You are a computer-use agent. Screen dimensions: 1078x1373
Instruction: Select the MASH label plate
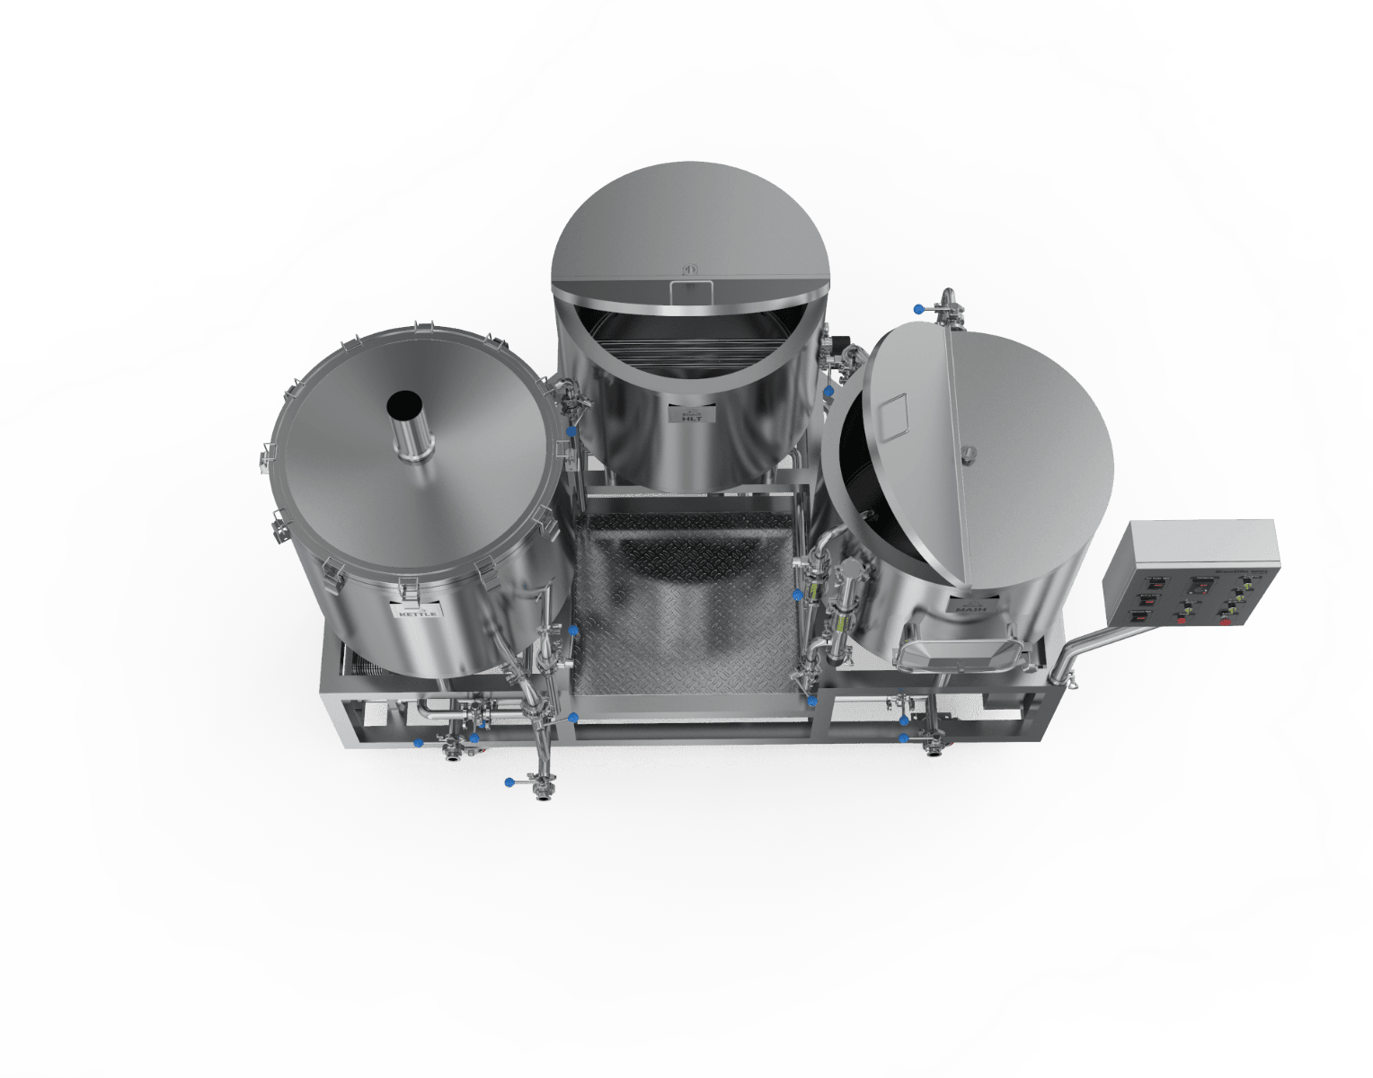coord(970,608)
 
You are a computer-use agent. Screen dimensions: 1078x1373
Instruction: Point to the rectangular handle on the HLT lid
coord(691,290)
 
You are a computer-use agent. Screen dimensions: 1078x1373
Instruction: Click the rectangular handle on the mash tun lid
coord(895,416)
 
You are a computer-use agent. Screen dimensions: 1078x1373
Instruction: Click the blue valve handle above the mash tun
coord(918,309)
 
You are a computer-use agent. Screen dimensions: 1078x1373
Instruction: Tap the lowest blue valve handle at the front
coord(509,782)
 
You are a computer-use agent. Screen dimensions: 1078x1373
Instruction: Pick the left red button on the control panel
coord(1181,619)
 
